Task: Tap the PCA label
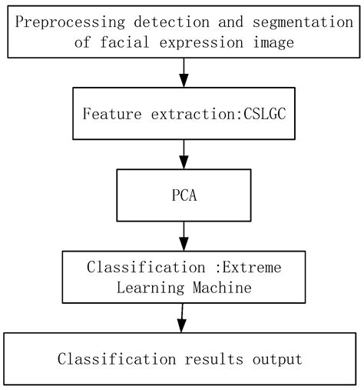(184, 195)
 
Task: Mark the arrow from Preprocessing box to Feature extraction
(184, 72)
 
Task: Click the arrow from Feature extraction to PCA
(184, 154)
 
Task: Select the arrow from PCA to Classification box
(184, 235)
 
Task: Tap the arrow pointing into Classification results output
(182, 317)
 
